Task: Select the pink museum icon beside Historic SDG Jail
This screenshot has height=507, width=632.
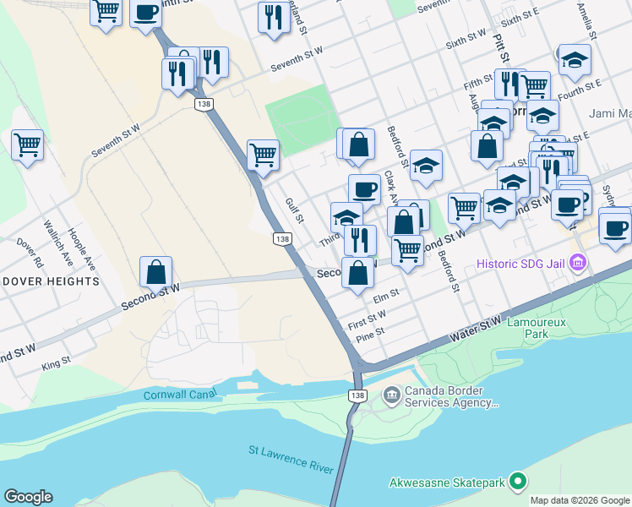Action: click(x=579, y=264)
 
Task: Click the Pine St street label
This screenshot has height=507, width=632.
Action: click(x=371, y=332)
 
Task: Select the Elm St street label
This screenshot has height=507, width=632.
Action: click(x=384, y=295)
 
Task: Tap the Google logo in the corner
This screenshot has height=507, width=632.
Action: click(x=28, y=497)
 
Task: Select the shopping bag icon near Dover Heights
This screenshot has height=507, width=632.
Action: click(x=156, y=273)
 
